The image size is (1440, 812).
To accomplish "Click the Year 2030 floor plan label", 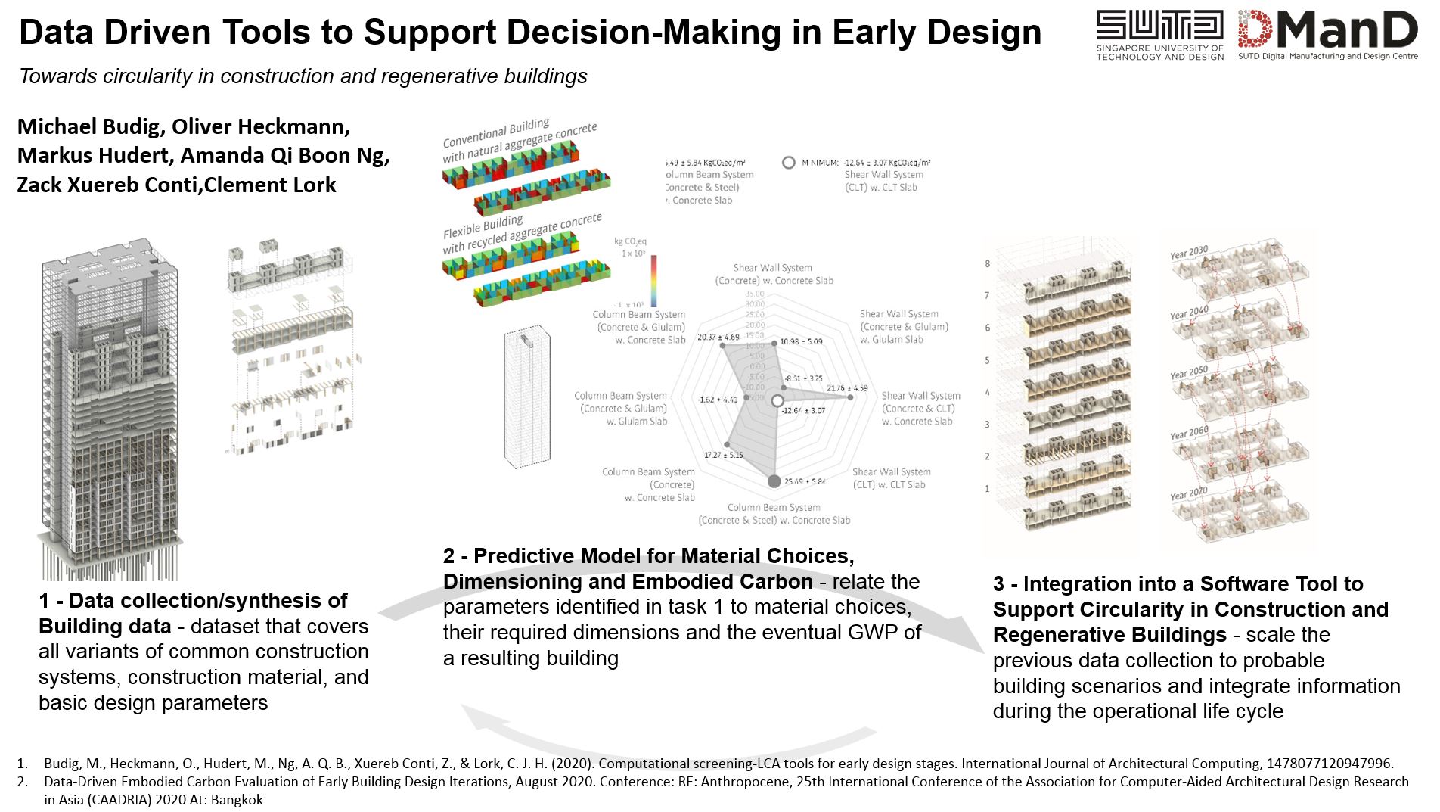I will coord(1189,253).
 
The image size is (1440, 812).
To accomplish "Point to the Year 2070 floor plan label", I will coord(1189,494).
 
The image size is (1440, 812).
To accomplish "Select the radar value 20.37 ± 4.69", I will coord(718,337).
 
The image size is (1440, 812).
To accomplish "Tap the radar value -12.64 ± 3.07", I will coord(804,410).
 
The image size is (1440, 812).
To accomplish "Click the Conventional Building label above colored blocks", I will coord(496,133).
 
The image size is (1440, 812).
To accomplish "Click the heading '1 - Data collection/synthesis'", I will coord(193,601).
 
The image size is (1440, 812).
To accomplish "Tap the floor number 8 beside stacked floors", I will coord(987,263).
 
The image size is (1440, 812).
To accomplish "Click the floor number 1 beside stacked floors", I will coord(987,489).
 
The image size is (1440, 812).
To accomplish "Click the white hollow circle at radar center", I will coord(777,402).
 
